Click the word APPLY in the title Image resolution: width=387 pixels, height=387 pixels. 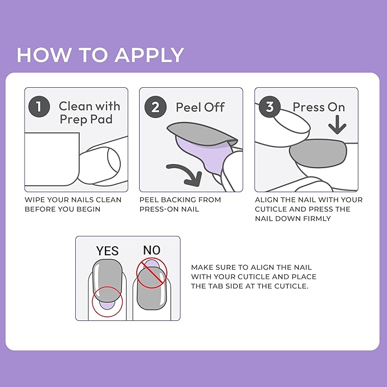(x=149, y=55)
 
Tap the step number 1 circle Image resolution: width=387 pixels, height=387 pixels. (x=39, y=107)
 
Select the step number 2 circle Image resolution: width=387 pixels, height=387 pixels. (x=155, y=107)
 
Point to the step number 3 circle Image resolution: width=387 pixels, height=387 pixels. (x=270, y=107)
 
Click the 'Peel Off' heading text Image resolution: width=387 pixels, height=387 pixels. (x=200, y=107)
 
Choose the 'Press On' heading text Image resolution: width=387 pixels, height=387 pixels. (x=319, y=107)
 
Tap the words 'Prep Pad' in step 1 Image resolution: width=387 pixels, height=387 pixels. (x=86, y=120)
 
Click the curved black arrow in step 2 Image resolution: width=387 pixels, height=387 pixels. (x=187, y=170)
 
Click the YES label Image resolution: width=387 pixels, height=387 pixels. (x=107, y=251)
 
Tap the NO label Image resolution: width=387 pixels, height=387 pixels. (x=151, y=250)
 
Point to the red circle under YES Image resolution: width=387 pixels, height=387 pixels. (x=107, y=300)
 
